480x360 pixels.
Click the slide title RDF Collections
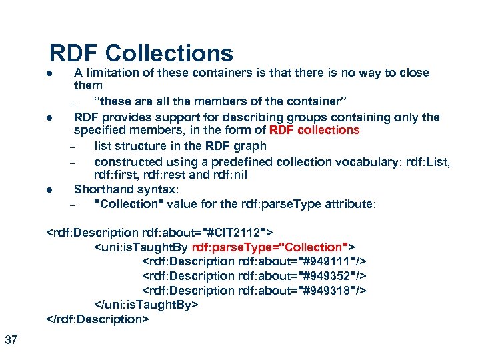click(141, 53)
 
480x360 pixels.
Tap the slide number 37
click(11, 341)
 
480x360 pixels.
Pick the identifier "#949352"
click(329, 276)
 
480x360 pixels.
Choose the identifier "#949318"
click(329, 291)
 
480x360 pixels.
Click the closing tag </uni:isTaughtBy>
click(146, 305)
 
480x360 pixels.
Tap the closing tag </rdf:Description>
click(97, 319)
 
